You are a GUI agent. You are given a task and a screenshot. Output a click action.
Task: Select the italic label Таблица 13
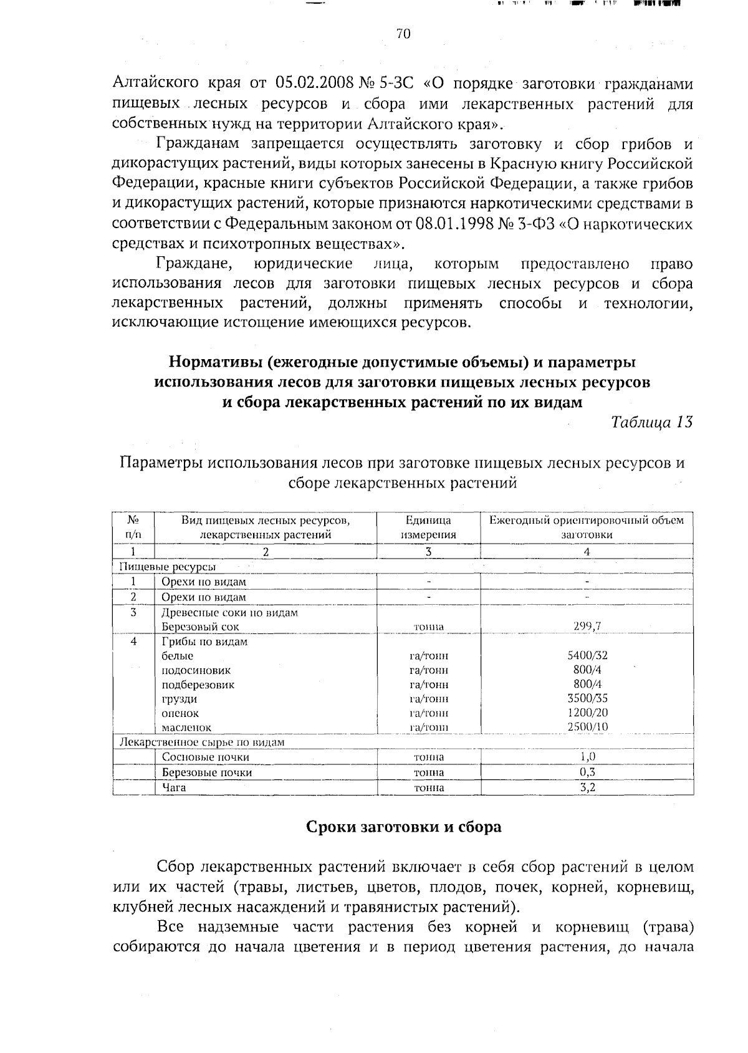(652, 422)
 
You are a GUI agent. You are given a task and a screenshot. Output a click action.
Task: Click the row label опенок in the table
(180, 713)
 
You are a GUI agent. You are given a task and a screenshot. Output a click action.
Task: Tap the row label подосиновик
(196, 671)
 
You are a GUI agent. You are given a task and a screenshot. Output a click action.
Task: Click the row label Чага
(174, 787)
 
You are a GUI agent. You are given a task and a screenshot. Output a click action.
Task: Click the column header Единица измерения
(428, 527)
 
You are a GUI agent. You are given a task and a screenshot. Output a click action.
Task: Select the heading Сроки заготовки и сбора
(403, 827)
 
